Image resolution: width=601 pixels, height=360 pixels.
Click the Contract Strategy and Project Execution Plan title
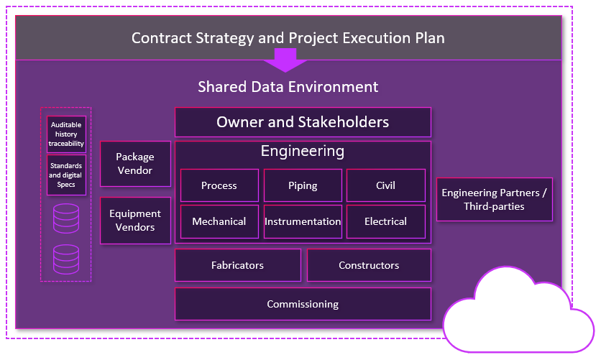(x=288, y=37)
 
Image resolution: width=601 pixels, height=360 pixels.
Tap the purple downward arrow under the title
(x=286, y=60)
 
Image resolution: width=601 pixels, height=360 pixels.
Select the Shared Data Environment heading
(x=288, y=87)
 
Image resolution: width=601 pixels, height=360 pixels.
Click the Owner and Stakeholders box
(x=303, y=122)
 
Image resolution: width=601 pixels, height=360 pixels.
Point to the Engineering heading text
(x=303, y=152)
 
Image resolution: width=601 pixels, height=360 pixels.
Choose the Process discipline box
(x=219, y=185)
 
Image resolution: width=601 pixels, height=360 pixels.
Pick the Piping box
(x=303, y=185)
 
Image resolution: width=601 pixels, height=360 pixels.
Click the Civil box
(x=385, y=185)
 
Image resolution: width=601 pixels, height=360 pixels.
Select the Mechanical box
(x=219, y=221)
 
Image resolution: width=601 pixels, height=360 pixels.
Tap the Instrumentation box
(x=303, y=221)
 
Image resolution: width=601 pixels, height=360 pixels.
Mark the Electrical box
(x=385, y=221)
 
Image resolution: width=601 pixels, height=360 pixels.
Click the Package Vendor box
(x=135, y=164)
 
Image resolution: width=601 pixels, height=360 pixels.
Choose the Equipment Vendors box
(x=135, y=221)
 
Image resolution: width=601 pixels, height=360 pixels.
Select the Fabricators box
(x=237, y=265)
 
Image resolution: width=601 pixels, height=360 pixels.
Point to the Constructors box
(x=369, y=265)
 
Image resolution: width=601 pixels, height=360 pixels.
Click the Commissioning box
(x=303, y=304)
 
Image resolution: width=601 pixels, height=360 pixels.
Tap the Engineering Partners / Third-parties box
(x=494, y=199)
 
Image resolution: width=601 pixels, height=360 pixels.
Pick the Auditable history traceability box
(x=66, y=134)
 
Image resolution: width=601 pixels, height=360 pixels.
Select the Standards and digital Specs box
(x=66, y=175)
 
